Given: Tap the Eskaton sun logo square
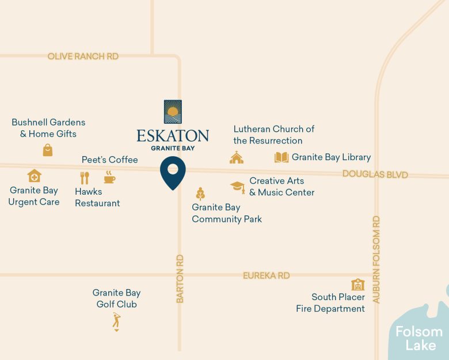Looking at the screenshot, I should coord(173,112).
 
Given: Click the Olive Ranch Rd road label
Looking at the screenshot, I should coord(83,56).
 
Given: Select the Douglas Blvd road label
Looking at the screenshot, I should coord(375,175).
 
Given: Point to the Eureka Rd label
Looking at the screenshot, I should coord(266,276).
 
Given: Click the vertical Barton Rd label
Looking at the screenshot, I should coord(180,279).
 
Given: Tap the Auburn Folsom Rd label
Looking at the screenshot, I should coord(376,259).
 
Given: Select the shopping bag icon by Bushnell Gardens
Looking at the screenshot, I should coord(48,150).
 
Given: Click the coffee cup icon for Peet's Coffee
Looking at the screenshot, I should coord(109,177).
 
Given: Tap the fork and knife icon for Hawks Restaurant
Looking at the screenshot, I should coord(85,177).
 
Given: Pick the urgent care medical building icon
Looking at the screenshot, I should coord(35,175).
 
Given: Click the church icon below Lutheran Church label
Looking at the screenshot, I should coord(237,157).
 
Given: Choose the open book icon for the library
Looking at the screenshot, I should coord(281,157).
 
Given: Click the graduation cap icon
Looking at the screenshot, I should coord(237,186).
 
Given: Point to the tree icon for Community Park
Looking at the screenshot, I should coord(200,194).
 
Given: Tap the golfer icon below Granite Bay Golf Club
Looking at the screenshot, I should coord(116,321).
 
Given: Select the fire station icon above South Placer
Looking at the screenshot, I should coord(357,285).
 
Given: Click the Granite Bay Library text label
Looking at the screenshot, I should coord(331,157).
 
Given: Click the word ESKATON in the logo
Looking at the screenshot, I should coord(173,136).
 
